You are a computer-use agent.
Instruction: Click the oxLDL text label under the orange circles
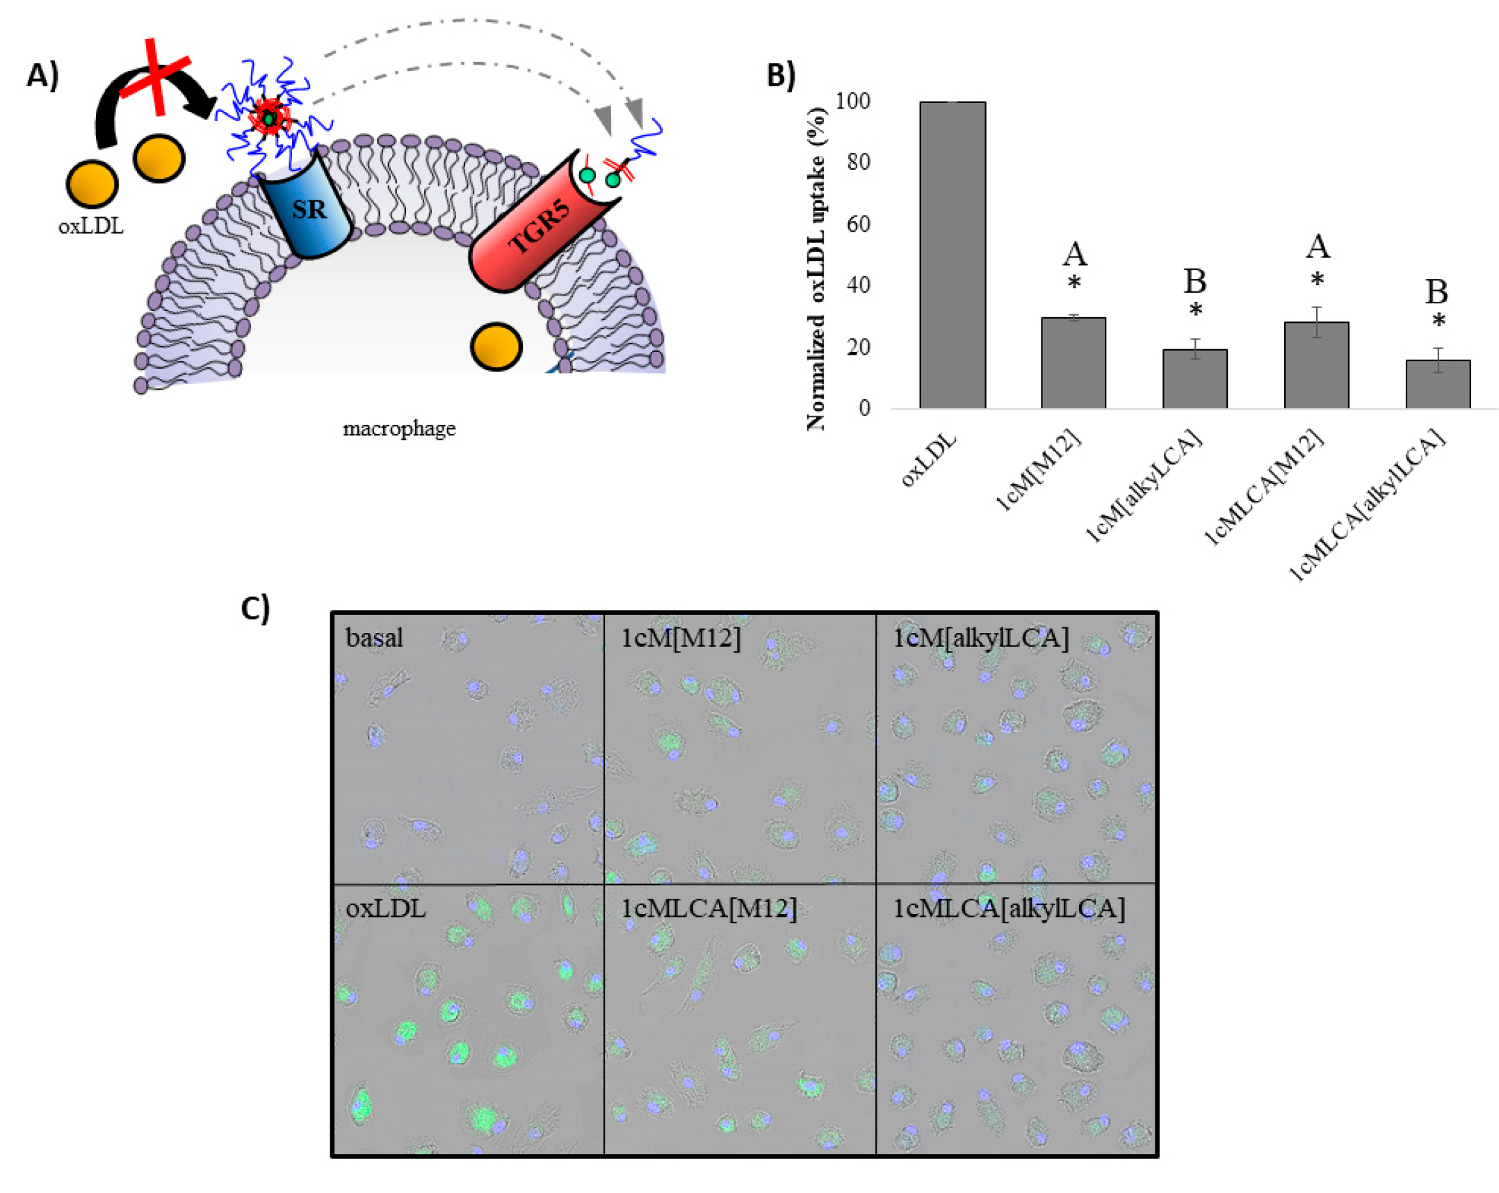point(90,226)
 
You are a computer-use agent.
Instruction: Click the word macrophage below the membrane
point(399,429)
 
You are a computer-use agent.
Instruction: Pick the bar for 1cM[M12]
point(1073,362)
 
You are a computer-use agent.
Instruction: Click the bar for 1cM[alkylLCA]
point(1194,378)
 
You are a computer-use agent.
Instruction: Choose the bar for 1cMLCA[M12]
point(1316,365)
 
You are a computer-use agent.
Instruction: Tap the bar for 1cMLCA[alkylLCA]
point(1437,383)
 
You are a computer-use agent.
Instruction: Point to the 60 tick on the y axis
point(858,224)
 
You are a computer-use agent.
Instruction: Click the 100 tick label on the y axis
point(852,102)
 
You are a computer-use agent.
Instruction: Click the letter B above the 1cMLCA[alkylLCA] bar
point(1436,292)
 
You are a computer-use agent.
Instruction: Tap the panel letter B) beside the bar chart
point(781,75)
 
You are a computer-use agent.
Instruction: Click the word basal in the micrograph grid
point(374,637)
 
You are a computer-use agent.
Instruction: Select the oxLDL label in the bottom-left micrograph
point(385,908)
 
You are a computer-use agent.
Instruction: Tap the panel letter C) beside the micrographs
point(255,608)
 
